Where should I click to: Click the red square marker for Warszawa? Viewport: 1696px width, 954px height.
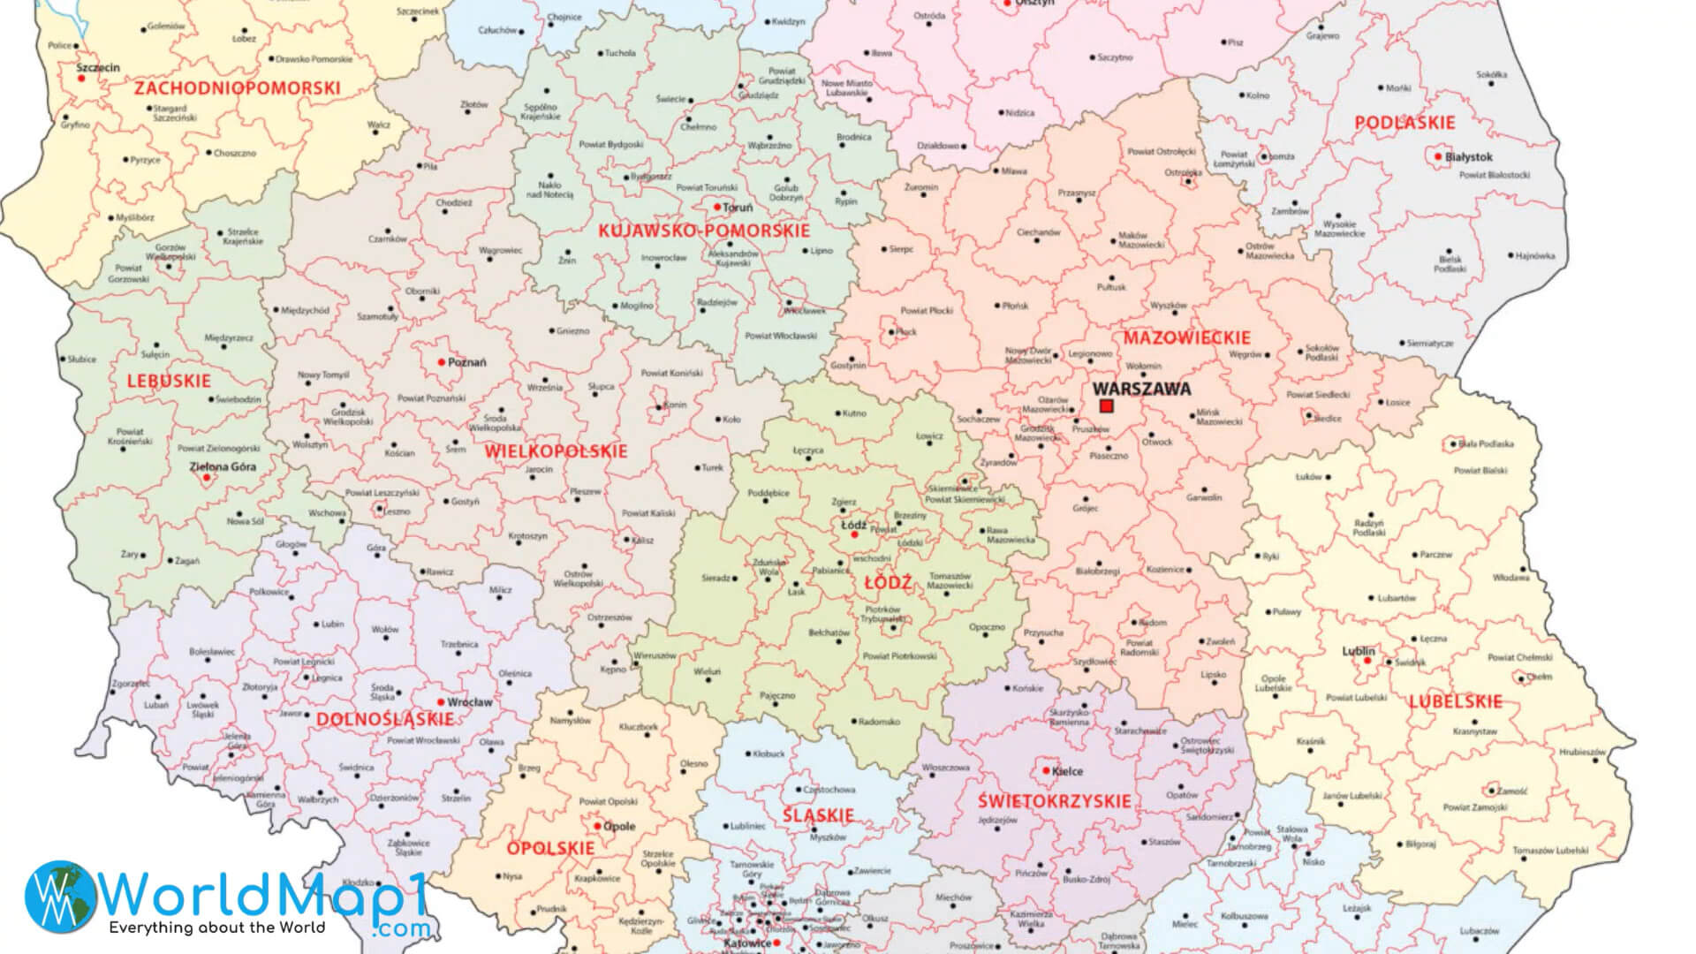point(1106,405)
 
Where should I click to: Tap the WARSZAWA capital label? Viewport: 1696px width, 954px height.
point(1141,389)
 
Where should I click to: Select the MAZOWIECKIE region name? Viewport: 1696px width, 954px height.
point(1186,337)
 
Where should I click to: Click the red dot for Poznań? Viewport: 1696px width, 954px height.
point(442,362)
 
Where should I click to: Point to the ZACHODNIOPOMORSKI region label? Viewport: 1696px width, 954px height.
point(237,88)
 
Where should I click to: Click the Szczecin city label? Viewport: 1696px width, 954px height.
point(98,67)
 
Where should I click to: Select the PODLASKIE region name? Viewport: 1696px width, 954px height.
point(1404,123)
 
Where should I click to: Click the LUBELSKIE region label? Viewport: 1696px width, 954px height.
point(1455,701)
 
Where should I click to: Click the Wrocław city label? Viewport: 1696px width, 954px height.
point(470,702)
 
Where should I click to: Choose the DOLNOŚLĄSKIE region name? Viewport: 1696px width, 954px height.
point(385,719)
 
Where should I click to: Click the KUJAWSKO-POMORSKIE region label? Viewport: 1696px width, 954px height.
point(703,231)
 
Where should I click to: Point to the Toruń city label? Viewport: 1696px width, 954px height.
point(738,208)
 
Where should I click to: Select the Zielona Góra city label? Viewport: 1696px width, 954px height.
point(223,466)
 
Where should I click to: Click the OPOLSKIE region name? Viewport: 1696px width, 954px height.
point(550,848)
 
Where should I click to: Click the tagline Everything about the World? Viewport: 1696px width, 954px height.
point(217,927)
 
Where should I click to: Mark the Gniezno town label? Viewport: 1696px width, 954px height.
point(572,331)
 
